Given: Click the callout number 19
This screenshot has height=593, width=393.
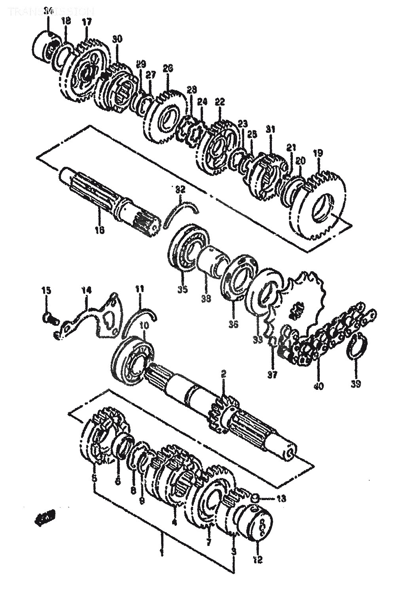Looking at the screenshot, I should point(318,152).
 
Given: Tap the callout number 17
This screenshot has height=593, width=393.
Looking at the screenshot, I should point(87,22).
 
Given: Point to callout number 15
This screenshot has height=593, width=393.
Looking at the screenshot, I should point(47,291).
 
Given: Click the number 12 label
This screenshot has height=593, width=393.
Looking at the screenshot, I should point(258,559).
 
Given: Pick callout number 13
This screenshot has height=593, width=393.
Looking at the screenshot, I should point(281,499).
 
